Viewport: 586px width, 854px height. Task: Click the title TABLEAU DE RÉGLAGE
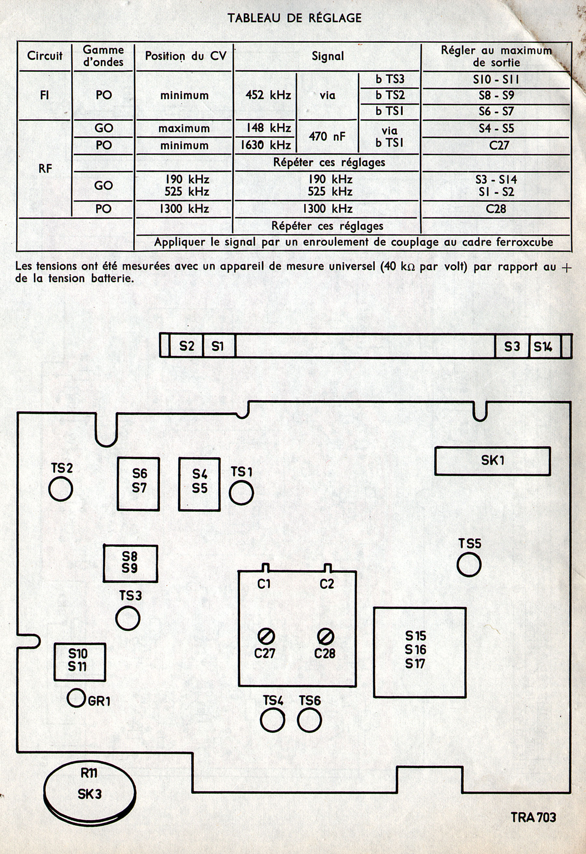point(294,18)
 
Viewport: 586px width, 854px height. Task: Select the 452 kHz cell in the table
point(268,95)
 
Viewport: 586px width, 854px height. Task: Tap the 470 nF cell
point(327,137)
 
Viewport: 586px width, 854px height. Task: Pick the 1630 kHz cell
point(266,146)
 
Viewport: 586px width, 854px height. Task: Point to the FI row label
point(45,95)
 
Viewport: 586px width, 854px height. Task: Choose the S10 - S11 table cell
point(496,79)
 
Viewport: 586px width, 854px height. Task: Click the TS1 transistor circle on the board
point(241,493)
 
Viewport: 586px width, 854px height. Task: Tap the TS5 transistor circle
point(469,565)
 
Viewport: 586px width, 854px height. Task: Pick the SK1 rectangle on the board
point(492,461)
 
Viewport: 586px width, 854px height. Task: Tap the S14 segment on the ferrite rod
point(544,346)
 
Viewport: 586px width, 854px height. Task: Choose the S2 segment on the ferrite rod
point(186,346)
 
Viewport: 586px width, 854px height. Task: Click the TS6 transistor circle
point(309,720)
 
